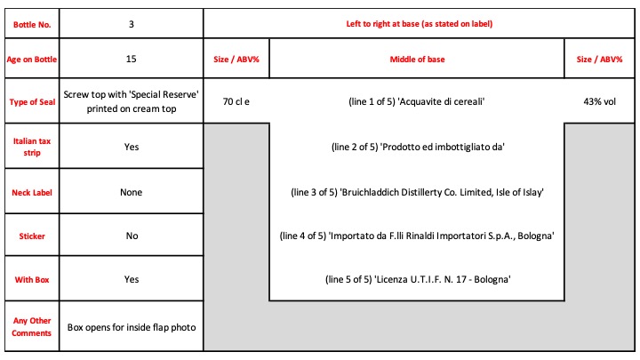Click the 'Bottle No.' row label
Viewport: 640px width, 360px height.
click(32, 25)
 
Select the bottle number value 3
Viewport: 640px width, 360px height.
click(131, 24)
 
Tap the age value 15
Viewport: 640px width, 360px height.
click(131, 59)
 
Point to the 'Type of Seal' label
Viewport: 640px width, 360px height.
click(32, 102)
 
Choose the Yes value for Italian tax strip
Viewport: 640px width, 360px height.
click(132, 147)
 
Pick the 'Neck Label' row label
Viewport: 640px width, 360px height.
click(32, 193)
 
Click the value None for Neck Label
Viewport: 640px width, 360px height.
click(131, 192)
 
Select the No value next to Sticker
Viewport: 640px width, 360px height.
click(132, 236)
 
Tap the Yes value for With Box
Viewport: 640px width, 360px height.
click(132, 279)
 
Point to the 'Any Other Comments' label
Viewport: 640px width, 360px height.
click(32, 327)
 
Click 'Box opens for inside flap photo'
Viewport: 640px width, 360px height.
click(132, 327)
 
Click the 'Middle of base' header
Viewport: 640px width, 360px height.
click(417, 60)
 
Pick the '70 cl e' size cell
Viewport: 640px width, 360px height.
click(236, 101)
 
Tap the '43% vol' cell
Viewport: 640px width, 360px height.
click(599, 101)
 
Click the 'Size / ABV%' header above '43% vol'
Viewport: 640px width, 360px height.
click(599, 60)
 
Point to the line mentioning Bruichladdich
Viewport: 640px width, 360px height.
click(417, 192)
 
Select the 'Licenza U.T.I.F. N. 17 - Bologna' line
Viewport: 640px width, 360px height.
click(418, 279)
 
